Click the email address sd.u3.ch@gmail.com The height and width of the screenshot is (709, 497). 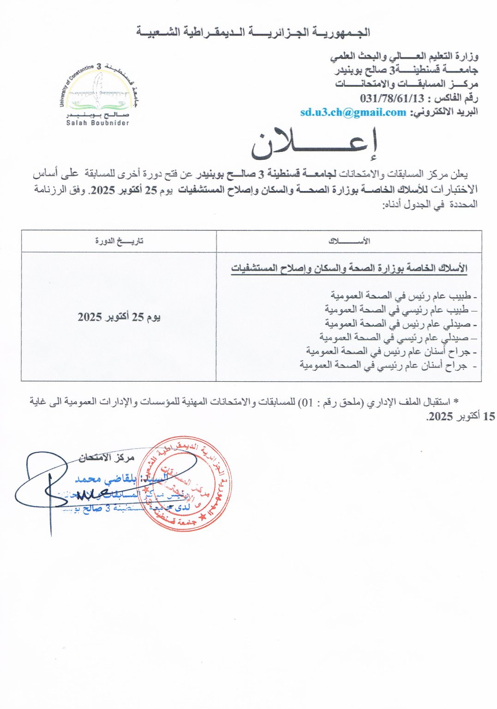click(x=353, y=112)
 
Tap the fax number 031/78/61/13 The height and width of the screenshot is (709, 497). click(x=392, y=98)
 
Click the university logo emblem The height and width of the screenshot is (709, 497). click(x=98, y=92)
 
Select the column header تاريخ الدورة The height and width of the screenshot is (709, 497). click(x=119, y=241)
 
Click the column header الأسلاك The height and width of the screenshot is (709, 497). click(x=349, y=241)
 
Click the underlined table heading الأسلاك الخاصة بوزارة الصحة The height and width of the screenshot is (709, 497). click(x=349, y=268)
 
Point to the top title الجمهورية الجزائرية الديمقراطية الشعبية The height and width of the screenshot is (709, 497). click(x=253, y=32)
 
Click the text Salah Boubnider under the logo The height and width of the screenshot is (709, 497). click(x=98, y=123)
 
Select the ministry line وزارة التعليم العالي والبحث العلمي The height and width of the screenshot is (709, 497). click(x=404, y=56)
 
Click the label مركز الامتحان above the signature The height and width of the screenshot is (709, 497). click(x=106, y=457)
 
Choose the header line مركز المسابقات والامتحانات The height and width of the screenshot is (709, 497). click(x=406, y=84)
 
